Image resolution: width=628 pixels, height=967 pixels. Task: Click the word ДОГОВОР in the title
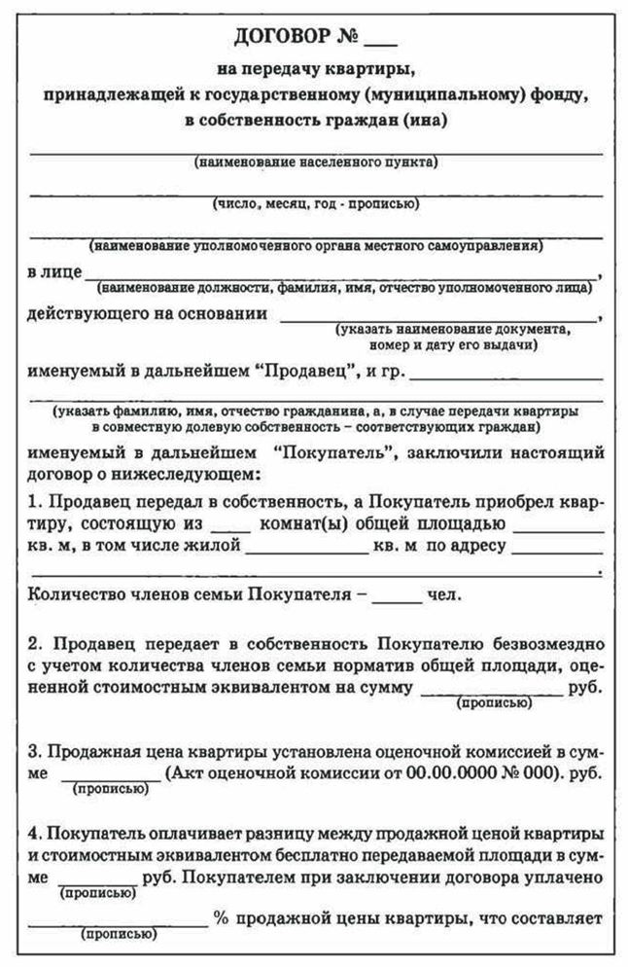[x=286, y=39]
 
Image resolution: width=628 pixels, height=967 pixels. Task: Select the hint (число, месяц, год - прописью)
[x=316, y=204]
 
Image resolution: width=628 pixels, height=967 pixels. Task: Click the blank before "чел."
[x=397, y=594]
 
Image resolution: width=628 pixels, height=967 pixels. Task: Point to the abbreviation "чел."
[x=444, y=594]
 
